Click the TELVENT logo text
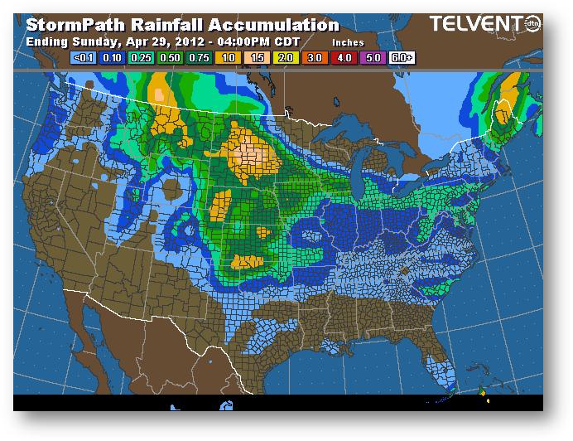click(474, 26)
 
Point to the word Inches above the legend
click(348, 41)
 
